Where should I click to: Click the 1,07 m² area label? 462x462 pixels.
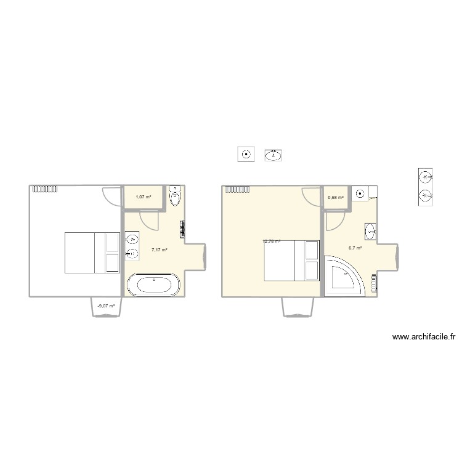click(143, 197)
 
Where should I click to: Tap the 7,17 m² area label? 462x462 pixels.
click(160, 250)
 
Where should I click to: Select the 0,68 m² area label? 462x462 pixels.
click(336, 197)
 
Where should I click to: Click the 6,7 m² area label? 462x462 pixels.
click(355, 248)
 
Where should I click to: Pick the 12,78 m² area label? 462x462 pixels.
click(272, 241)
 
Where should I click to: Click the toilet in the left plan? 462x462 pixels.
click(176, 197)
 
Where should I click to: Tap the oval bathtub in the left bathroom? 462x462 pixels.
click(153, 286)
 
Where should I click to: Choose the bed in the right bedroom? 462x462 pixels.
click(292, 260)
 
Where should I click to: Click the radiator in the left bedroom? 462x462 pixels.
click(44, 190)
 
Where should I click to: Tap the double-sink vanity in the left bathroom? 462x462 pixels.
click(132, 246)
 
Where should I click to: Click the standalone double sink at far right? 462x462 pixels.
click(426, 187)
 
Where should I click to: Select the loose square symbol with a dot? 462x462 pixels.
click(246, 155)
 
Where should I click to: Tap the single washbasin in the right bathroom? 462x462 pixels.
click(371, 232)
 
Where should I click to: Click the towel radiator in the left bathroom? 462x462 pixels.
click(182, 229)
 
